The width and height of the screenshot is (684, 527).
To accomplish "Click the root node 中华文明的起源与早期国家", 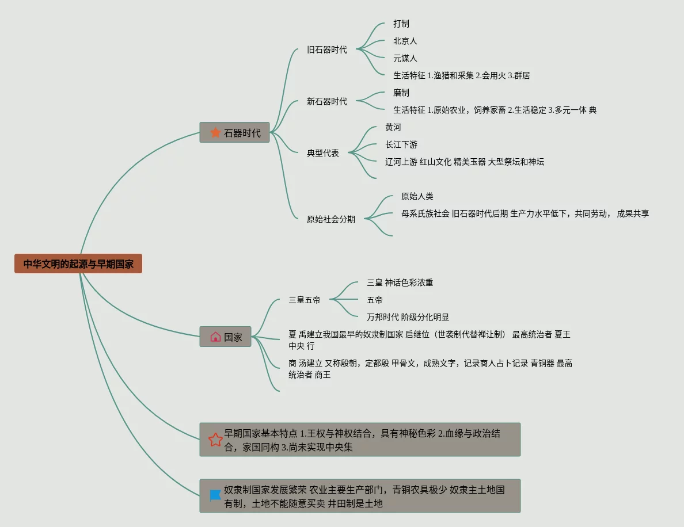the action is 78,263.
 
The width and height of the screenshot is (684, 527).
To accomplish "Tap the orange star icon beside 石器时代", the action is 215,132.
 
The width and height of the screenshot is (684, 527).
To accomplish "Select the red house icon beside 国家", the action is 215,337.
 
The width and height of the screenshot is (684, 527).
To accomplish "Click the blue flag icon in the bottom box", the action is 215,495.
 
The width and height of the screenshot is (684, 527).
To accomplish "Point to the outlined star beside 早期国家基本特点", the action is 215,440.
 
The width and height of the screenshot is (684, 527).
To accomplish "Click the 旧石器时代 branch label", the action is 326,49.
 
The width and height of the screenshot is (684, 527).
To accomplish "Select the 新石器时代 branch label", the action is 326,101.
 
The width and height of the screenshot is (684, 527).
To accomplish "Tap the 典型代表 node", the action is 323,153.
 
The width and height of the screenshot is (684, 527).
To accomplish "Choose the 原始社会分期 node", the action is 330,219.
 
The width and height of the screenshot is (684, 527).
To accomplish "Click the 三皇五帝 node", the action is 305,300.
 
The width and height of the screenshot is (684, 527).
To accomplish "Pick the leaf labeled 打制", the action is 401,24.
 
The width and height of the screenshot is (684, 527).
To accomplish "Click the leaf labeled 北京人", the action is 405,41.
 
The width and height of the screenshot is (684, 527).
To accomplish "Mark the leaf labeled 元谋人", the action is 405,58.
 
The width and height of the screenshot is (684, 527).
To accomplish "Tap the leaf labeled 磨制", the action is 401,93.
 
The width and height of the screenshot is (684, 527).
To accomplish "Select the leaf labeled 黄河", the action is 393,127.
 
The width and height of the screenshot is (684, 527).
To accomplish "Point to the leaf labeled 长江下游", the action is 401,144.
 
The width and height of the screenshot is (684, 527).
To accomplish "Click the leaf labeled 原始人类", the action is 417,196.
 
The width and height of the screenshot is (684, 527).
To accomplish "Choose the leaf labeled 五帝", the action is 375,300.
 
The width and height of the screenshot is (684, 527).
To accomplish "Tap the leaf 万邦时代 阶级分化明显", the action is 408,317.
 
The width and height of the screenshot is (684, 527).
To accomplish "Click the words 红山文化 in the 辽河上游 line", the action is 435,162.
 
